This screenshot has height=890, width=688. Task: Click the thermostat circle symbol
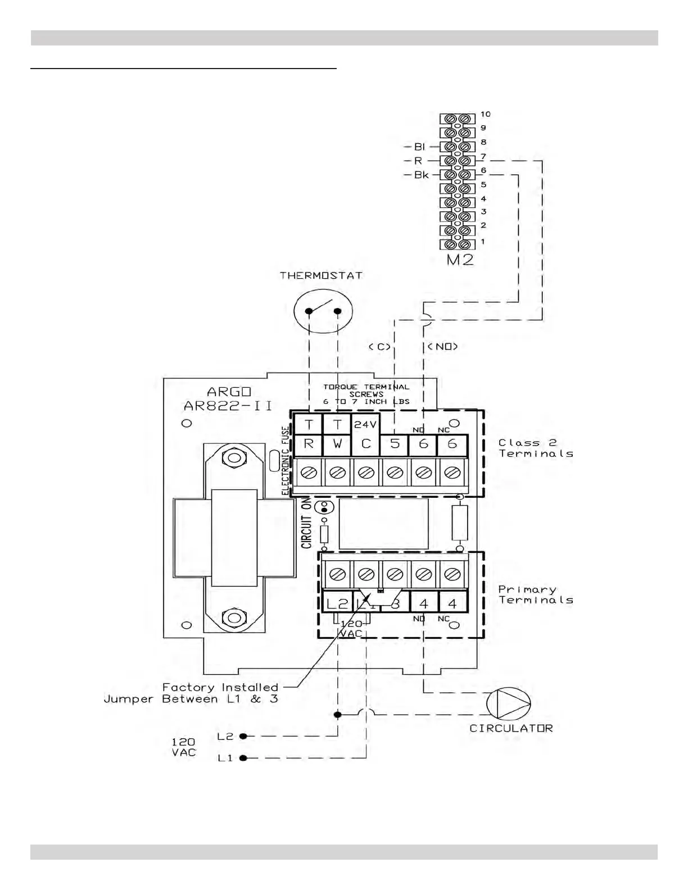(x=323, y=311)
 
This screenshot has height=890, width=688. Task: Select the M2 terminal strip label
(x=459, y=260)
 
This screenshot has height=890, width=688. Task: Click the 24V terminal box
(x=366, y=425)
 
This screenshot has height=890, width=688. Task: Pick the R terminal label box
(x=308, y=444)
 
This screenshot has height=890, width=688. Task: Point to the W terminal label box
(x=337, y=444)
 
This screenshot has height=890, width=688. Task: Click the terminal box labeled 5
(x=395, y=444)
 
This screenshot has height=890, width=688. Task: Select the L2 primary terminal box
(x=337, y=603)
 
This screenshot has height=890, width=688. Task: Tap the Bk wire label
(x=421, y=175)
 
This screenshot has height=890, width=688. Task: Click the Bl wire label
(x=420, y=147)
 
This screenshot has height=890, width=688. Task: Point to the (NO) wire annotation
(x=443, y=347)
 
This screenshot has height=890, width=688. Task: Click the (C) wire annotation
(x=379, y=347)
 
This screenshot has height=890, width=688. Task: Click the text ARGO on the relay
(x=229, y=392)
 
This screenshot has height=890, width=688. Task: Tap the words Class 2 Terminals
(x=536, y=448)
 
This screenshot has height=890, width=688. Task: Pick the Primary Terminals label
(x=536, y=594)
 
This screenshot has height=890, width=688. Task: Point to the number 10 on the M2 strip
(x=486, y=114)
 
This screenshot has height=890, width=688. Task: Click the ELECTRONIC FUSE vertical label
(x=286, y=461)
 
